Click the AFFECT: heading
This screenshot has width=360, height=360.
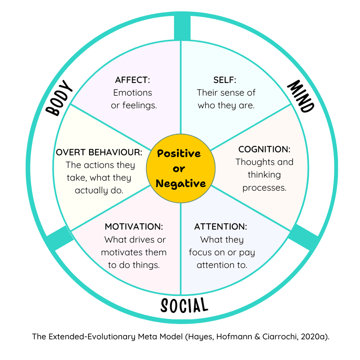pos(132,80)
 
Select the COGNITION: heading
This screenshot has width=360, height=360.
pos(264,149)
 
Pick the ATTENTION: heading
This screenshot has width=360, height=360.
pos(220,227)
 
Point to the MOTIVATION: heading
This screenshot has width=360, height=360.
pos(134,227)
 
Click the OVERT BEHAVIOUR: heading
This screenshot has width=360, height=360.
pos(99,152)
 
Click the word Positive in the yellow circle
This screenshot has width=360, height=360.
pos(179,154)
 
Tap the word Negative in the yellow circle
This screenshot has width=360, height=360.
pos(181,184)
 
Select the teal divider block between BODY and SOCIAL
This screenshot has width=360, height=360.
pos(59,238)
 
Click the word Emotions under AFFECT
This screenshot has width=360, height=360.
pos(133,93)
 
